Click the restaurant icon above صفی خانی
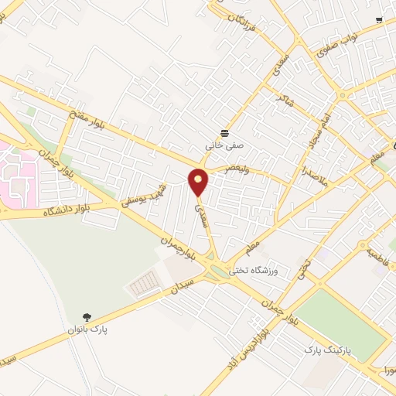(x=224, y=133)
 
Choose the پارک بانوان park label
(x=87, y=329)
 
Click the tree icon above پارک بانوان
(x=87, y=317)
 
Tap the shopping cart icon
(x=378, y=21)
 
